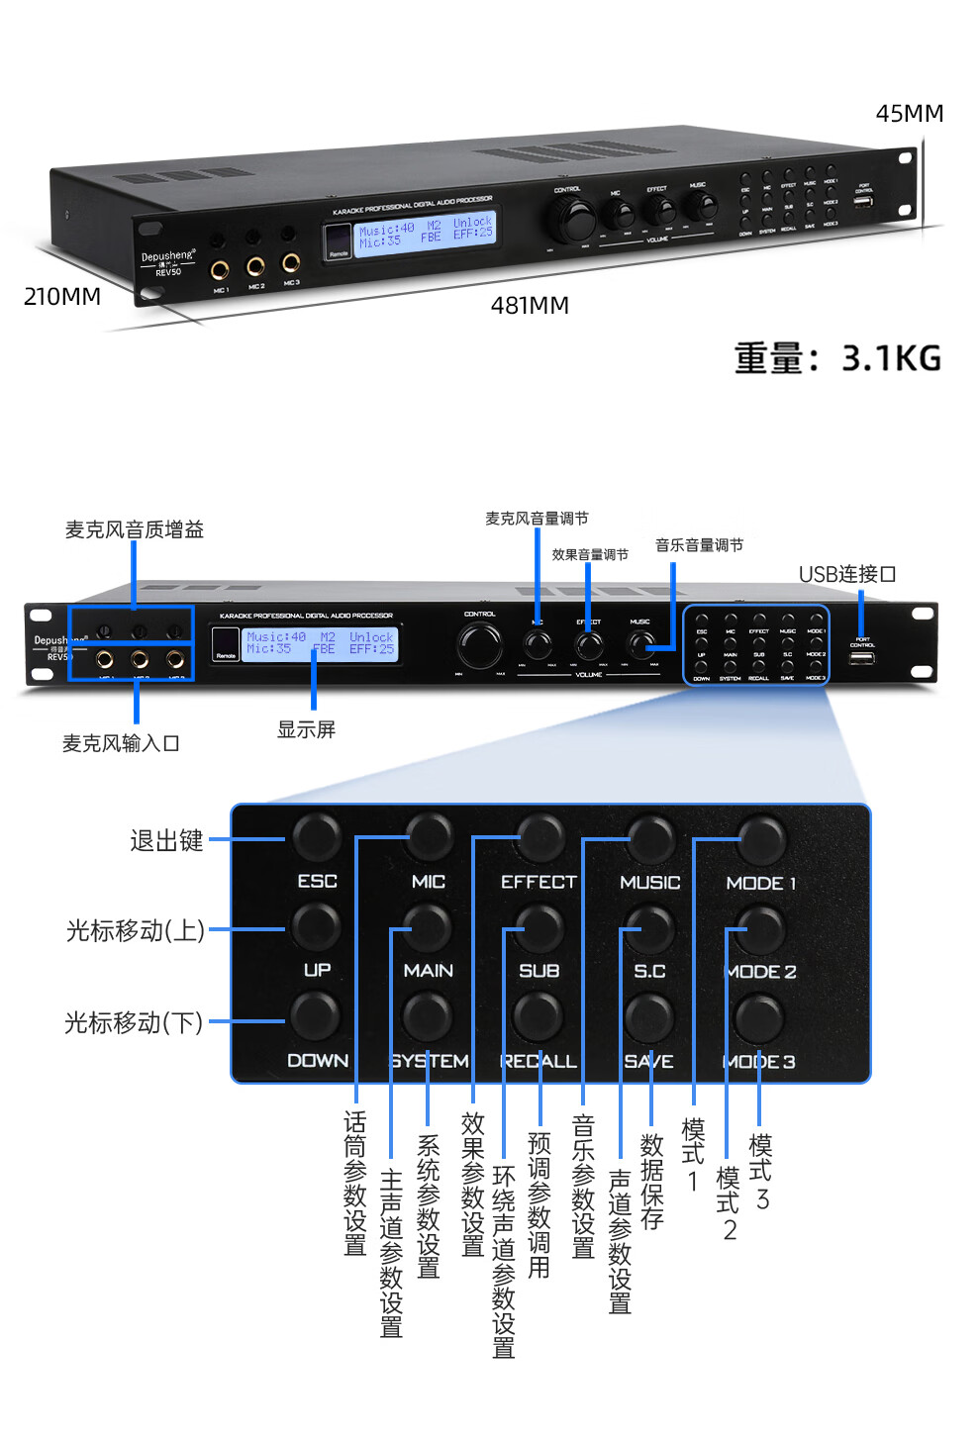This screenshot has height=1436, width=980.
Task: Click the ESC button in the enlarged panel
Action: click(x=316, y=838)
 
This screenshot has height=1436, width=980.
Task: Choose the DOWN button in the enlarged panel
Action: click(x=315, y=1017)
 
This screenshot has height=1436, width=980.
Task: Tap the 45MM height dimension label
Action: click(x=909, y=114)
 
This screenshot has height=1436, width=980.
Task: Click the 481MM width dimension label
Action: click(x=530, y=306)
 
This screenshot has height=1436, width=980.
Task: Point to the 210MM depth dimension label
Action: click(x=62, y=297)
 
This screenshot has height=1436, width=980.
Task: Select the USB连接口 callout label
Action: click(x=847, y=574)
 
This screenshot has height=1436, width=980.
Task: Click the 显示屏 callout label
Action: click(x=306, y=729)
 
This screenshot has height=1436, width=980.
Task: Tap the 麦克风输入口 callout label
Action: click(x=121, y=743)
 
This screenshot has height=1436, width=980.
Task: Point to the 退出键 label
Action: click(x=166, y=841)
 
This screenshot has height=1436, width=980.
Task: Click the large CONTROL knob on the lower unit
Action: click(x=480, y=645)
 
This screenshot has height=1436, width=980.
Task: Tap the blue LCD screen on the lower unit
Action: click(x=321, y=643)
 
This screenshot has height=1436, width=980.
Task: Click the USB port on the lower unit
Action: click(x=861, y=657)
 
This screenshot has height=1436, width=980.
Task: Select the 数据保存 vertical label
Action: click(x=651, y=1182)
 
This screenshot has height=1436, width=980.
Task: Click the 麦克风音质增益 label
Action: click(x=135, y=529)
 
